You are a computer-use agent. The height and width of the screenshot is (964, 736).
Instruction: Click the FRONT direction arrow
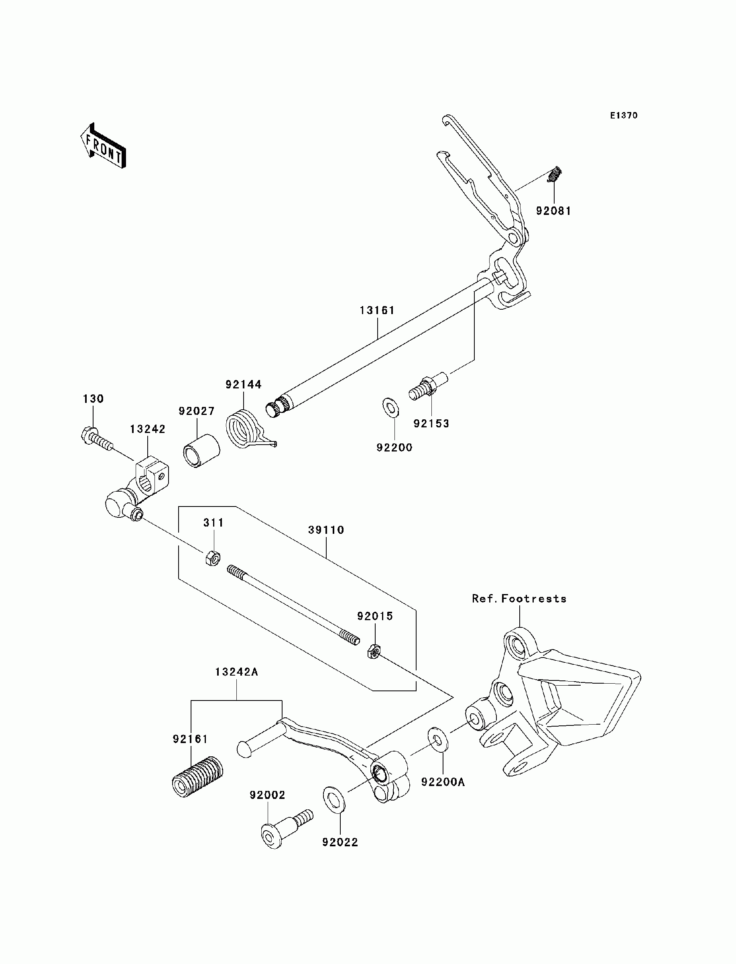(x=103, y=145)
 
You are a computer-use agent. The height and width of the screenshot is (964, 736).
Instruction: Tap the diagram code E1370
(x=624, y=115)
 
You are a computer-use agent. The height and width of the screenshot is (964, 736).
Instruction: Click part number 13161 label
(x=377, y=310)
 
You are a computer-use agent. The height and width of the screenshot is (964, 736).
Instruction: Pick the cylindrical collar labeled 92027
(x=201, y=451)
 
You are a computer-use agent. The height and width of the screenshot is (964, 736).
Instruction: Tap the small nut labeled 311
(x=212, y=558)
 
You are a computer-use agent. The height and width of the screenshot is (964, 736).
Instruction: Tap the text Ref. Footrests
(x=519, y=599)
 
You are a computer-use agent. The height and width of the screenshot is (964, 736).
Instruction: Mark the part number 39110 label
(x=326, y=530)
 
